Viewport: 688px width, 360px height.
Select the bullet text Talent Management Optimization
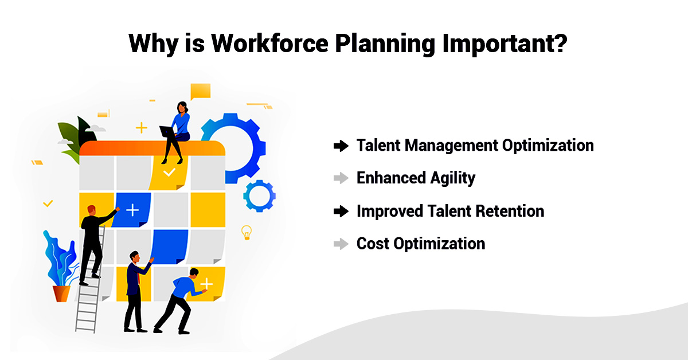coord(475,146)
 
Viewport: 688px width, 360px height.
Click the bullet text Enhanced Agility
coord(416,178)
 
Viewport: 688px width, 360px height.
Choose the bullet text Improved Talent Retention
coord(450,211)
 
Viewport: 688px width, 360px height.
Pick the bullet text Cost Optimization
coord(421,244)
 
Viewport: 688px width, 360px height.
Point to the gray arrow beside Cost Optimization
coord(341,244)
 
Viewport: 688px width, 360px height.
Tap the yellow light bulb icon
coord(247,232)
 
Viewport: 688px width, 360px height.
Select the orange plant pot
coord(61,293)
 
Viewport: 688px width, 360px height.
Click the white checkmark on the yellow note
coord(169,172)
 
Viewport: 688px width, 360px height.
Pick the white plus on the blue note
coord(132,210)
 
